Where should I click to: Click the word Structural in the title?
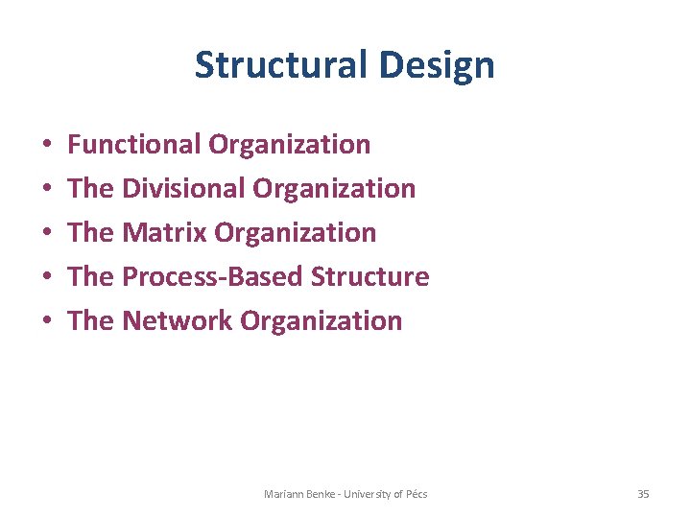tap(279, 65)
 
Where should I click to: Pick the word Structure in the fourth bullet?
tap(370, 277)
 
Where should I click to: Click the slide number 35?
tap(643, 494)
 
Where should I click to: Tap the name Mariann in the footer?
tap(283, 494)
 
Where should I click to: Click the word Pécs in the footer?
tap(417, 494)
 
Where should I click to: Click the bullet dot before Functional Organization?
tap(48, 146)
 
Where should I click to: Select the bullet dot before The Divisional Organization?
tap(48, 190)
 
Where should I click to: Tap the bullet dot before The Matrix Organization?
tap(48, 234)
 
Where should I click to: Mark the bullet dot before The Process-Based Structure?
tap(48, 278)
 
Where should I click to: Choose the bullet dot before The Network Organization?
tap(48, 322)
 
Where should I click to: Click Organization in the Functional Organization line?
tap(289, 145)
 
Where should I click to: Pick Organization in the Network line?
tap(322, 321)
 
